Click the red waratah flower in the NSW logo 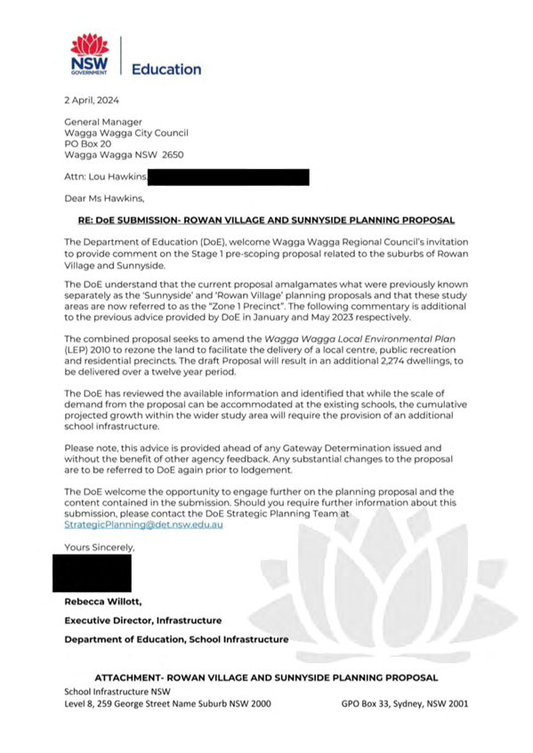coord(89,44)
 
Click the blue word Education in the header coord(166,69)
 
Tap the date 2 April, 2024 coord(92,100)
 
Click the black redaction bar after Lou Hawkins coord(229,177)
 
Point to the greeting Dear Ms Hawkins coord(104,198)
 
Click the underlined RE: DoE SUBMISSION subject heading coord(266,220)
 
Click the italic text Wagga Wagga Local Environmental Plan coord(360,339)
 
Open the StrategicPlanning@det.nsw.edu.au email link coord(143,525)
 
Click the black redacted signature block coord(92,573)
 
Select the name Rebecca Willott coord(103,602)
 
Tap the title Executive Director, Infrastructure coord(143,621)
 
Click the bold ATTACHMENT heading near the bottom coord(266,677)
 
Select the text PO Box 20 coord(88,144)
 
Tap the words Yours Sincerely coord(100,548)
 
